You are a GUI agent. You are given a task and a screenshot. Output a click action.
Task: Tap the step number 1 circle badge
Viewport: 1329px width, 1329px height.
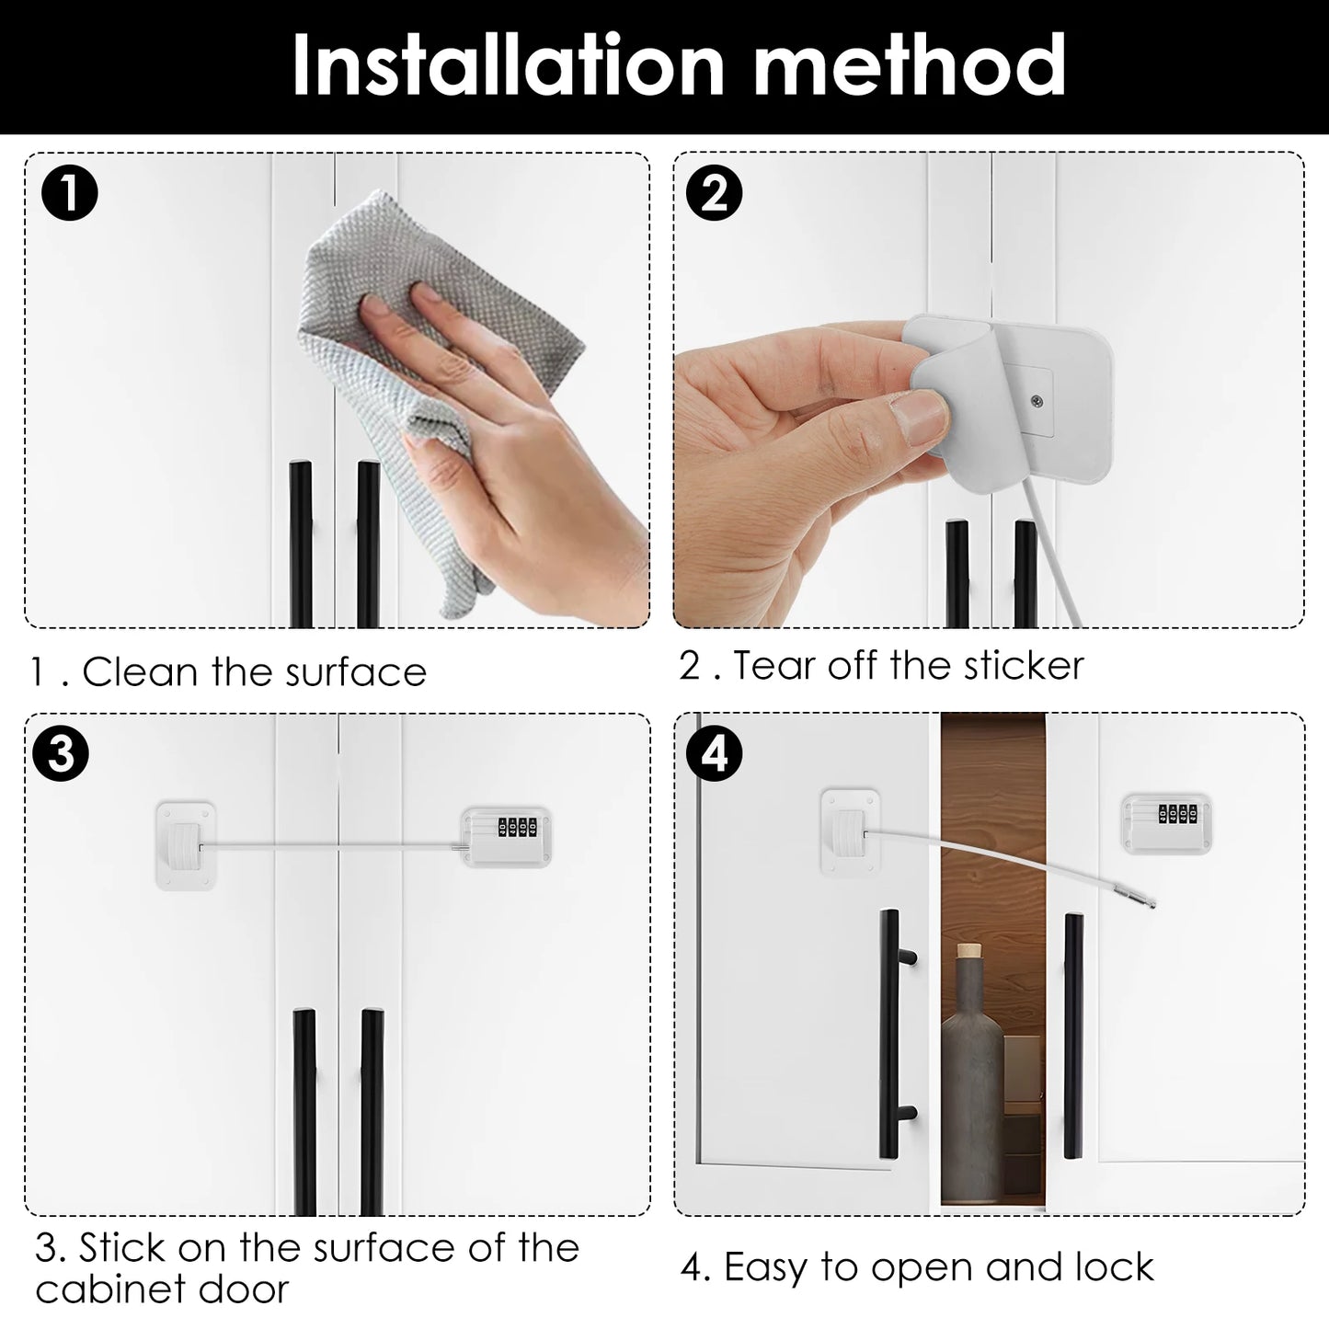coord(70,194)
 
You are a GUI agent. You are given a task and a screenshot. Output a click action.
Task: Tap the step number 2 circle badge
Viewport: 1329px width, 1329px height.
coord(715,194)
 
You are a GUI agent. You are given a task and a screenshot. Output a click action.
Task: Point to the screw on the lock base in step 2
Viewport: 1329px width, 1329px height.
coord(1037,399)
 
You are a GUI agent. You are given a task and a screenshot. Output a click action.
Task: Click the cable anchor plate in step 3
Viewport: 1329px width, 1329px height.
coord(186,844)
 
